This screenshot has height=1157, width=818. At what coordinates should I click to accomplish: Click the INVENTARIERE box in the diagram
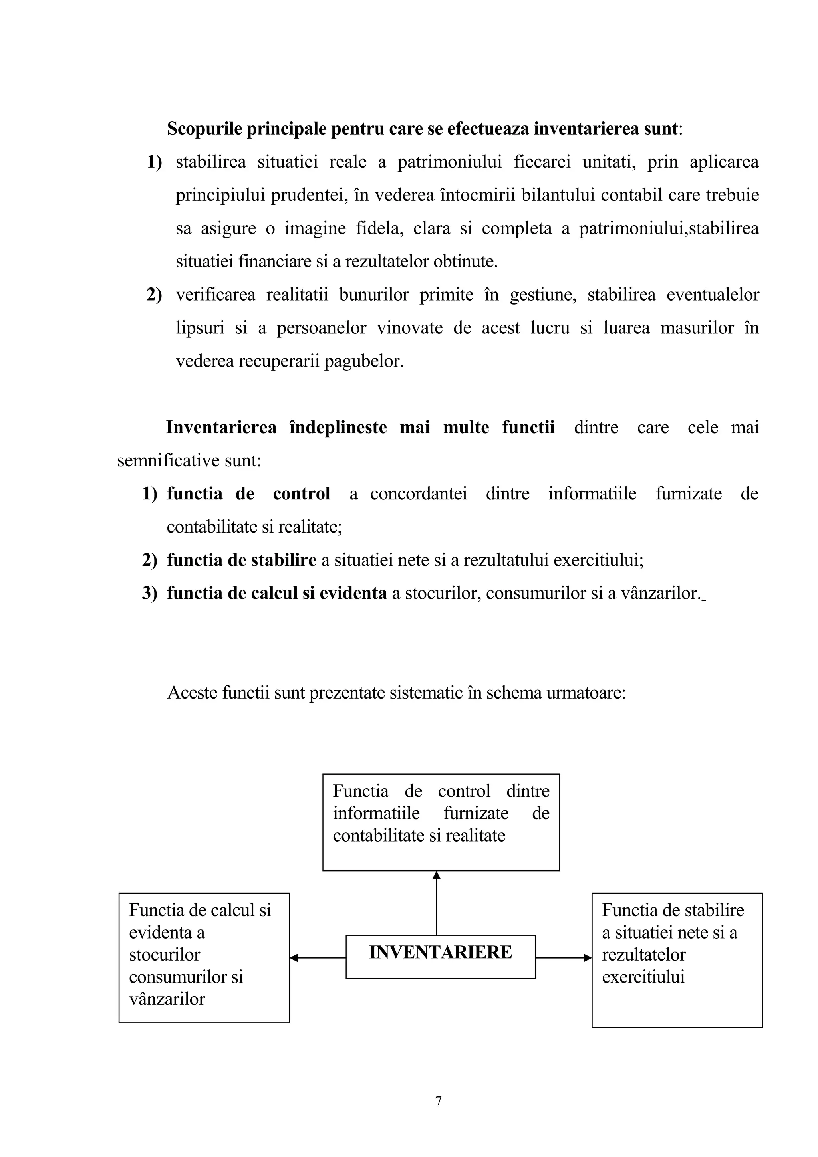point(440,952)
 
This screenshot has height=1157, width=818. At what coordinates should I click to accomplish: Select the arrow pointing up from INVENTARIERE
point(437,902)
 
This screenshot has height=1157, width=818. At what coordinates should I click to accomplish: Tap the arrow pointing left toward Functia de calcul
point(318,957)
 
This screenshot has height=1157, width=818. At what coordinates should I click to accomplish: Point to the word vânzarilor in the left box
point(167,999)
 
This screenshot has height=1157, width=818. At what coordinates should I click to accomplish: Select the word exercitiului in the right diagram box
point(643,977)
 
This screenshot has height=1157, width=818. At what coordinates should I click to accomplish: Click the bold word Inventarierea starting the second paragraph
point(221,427)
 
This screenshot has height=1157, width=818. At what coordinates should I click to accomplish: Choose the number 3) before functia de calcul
point(150,593)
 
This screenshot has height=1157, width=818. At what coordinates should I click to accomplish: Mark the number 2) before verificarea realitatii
point(154,295)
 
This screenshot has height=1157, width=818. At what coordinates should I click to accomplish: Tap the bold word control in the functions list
point(302,494)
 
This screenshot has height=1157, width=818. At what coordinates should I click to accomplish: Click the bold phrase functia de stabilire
point(241,560)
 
